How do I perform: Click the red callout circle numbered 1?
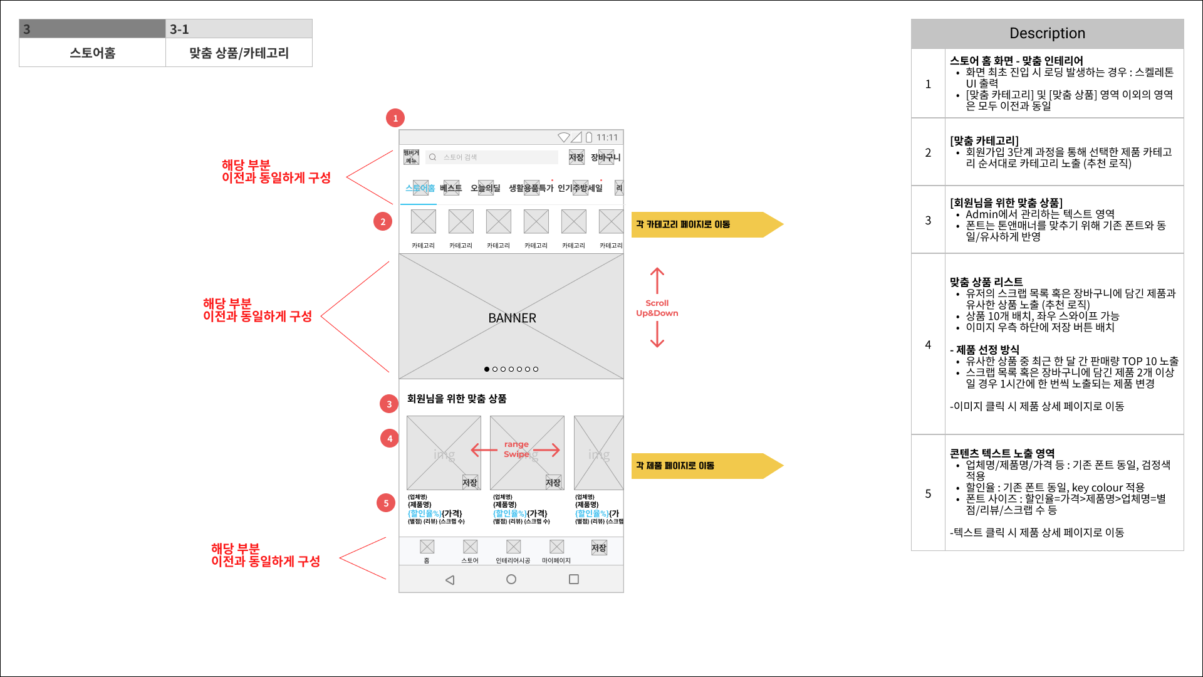[395, 118]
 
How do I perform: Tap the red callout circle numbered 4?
[390, 438]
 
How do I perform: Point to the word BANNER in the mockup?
[512, 318]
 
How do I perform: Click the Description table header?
[1047, 33]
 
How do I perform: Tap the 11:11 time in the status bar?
[607, 137]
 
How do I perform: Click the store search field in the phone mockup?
[492, 157]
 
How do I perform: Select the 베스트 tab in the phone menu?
[450, 188]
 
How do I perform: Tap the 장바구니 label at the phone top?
[605, 157]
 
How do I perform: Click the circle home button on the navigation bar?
[511, 579]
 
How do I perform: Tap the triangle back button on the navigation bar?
[450, 580]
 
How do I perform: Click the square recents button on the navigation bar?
[573, 579]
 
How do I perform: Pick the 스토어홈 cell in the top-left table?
[93, 53]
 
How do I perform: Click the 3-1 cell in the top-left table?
[239, 29]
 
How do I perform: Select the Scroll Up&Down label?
[657, 308]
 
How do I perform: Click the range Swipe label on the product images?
[516, 449]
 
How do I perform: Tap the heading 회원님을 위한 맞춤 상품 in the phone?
[457, 399]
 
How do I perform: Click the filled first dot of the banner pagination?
[487, 369]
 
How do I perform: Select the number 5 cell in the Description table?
[928, 493]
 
